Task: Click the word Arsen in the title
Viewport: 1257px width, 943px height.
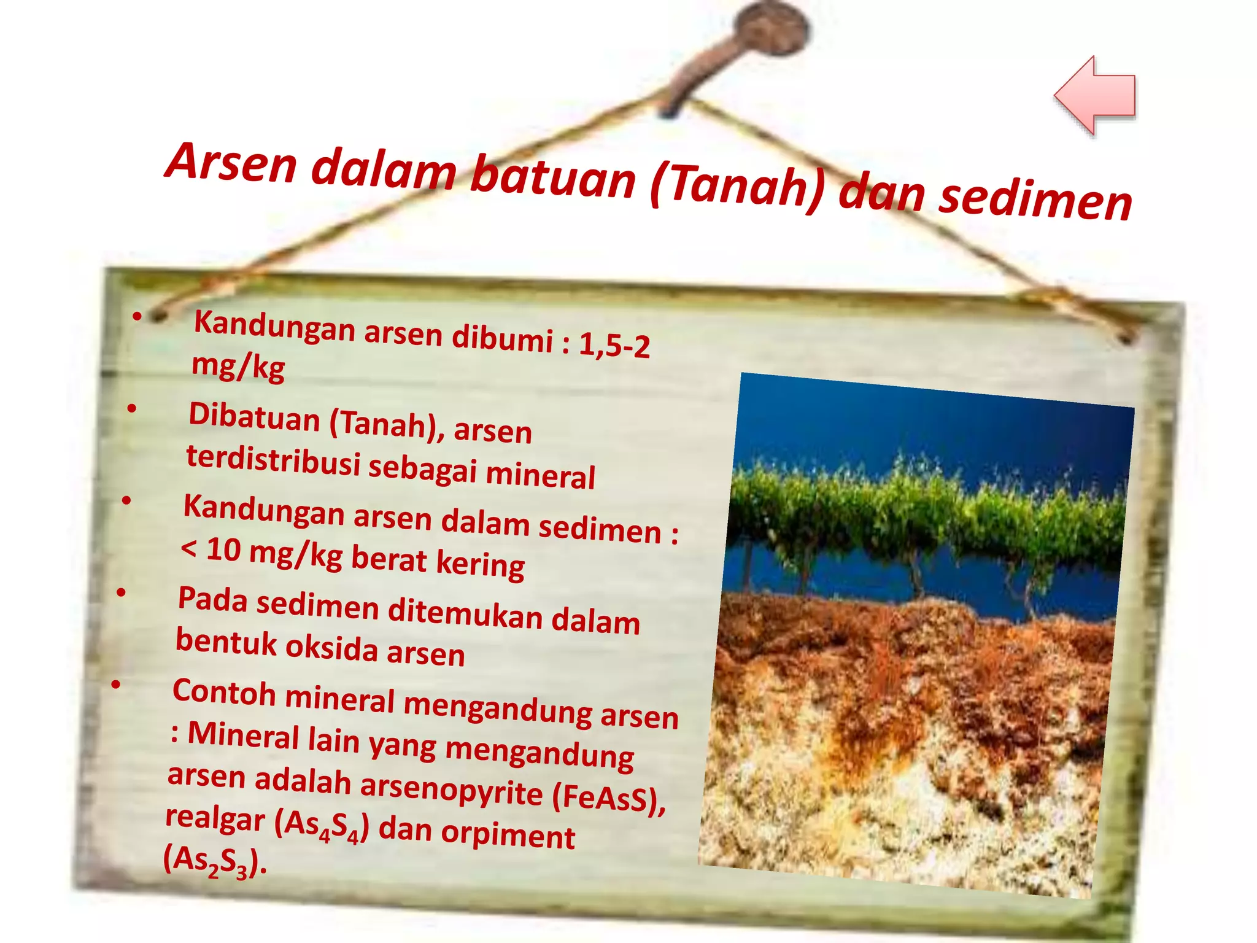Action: (232, 162)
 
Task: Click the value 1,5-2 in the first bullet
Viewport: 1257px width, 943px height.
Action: (614, 344)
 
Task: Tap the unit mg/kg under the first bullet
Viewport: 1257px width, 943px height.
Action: (238, 366)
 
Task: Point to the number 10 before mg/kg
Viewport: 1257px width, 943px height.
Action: (223, 549)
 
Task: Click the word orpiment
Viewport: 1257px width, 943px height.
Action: (508, 835)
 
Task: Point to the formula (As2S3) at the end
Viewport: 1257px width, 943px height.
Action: (215, 861)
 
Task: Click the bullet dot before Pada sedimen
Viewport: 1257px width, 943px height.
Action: (122, 593)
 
